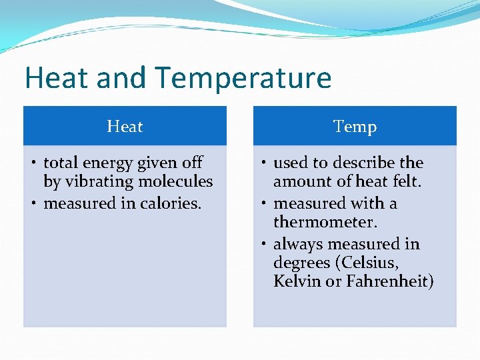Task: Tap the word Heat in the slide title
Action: click(x=57, y=78)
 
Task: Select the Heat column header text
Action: click(x=125, y=127)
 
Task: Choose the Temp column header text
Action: click(x=355, y=127)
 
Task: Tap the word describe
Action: click(x=364, y=163)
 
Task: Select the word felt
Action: click(x=407, y=181)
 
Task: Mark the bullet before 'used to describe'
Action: click(x=264, y=163)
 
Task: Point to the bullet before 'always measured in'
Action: click(x=264, y=244)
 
